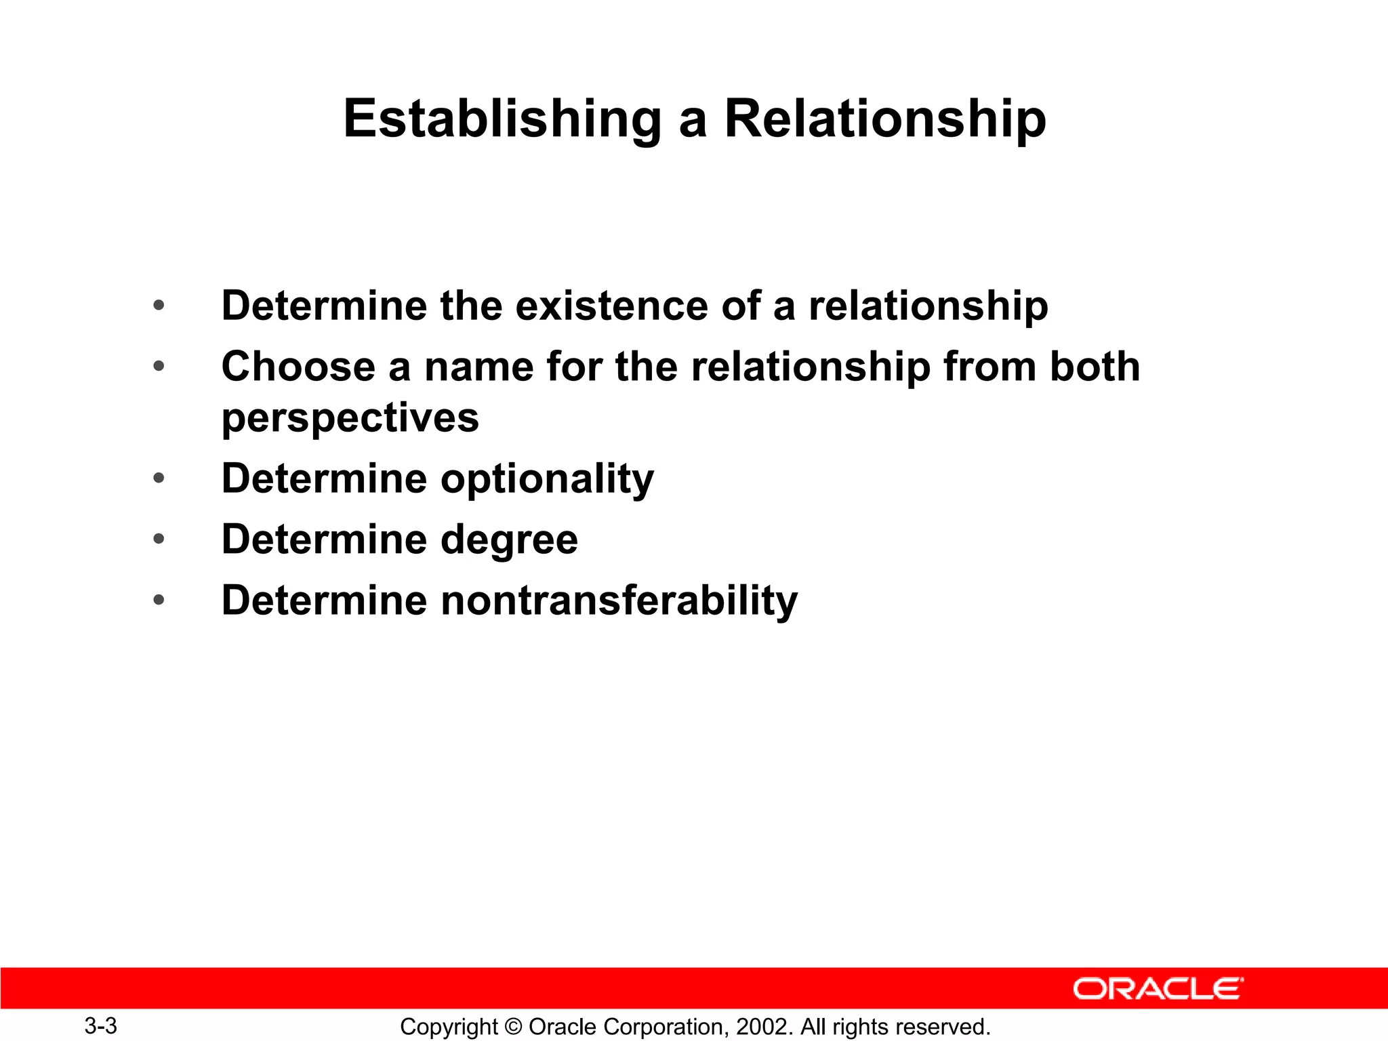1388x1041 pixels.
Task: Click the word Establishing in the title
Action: (x=502, y=119)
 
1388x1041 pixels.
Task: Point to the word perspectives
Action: (x=350, y=418)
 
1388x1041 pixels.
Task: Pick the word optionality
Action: (x=548, y=479)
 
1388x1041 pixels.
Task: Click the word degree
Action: (x=510, y=539)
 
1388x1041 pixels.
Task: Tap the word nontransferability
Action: (x=619, y=600)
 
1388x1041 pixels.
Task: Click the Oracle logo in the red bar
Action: (x=1158, y=989)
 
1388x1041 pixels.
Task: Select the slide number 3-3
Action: (x=100, y=1026)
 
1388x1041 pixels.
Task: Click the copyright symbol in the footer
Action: (x=513, y=1027)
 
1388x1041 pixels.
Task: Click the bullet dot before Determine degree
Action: (x=159, y=539)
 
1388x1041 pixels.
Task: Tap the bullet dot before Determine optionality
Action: (x=159, y=478)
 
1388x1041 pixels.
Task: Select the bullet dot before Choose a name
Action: (x=159, y=367)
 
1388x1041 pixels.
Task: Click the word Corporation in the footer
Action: (x=662, y=1027)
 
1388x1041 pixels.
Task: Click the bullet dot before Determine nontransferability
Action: (x=159, y=600)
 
